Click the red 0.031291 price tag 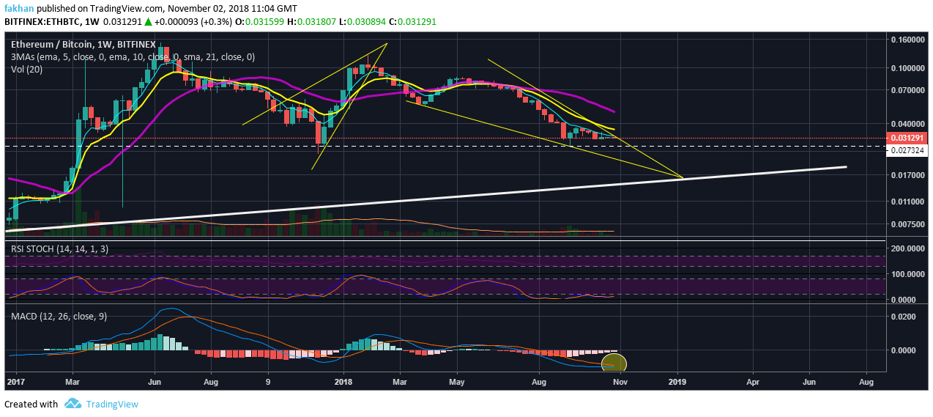pyautogui.click(x=909, y=138)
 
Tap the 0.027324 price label pyautogui.click(x=909, y=150)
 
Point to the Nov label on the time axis pyautogui.click(x=620, y=382)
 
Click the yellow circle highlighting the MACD pyautogui.click(x=614, y=363)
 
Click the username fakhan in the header pyautogui.click(x=19, y=8)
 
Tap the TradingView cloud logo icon pyautogui.click(x=73, y=404)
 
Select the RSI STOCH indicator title pyautogui.click(x=59, y=249)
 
